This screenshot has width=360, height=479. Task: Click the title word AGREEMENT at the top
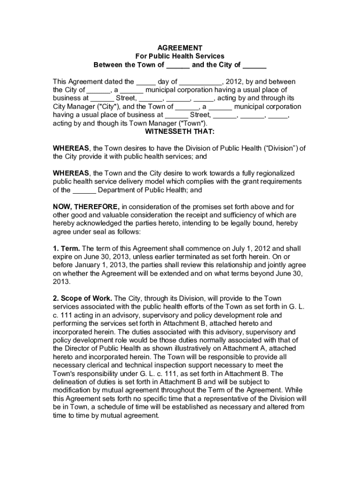tap(180, 48)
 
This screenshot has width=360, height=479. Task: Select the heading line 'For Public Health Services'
tap(180, 57)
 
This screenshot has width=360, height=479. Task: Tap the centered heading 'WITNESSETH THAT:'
tap(180, 132)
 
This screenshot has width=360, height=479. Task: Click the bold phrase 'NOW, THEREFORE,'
tap(86, 207)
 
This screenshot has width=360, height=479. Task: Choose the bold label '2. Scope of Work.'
tap(82, 298)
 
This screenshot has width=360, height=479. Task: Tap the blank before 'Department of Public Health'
tap(85, 190)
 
